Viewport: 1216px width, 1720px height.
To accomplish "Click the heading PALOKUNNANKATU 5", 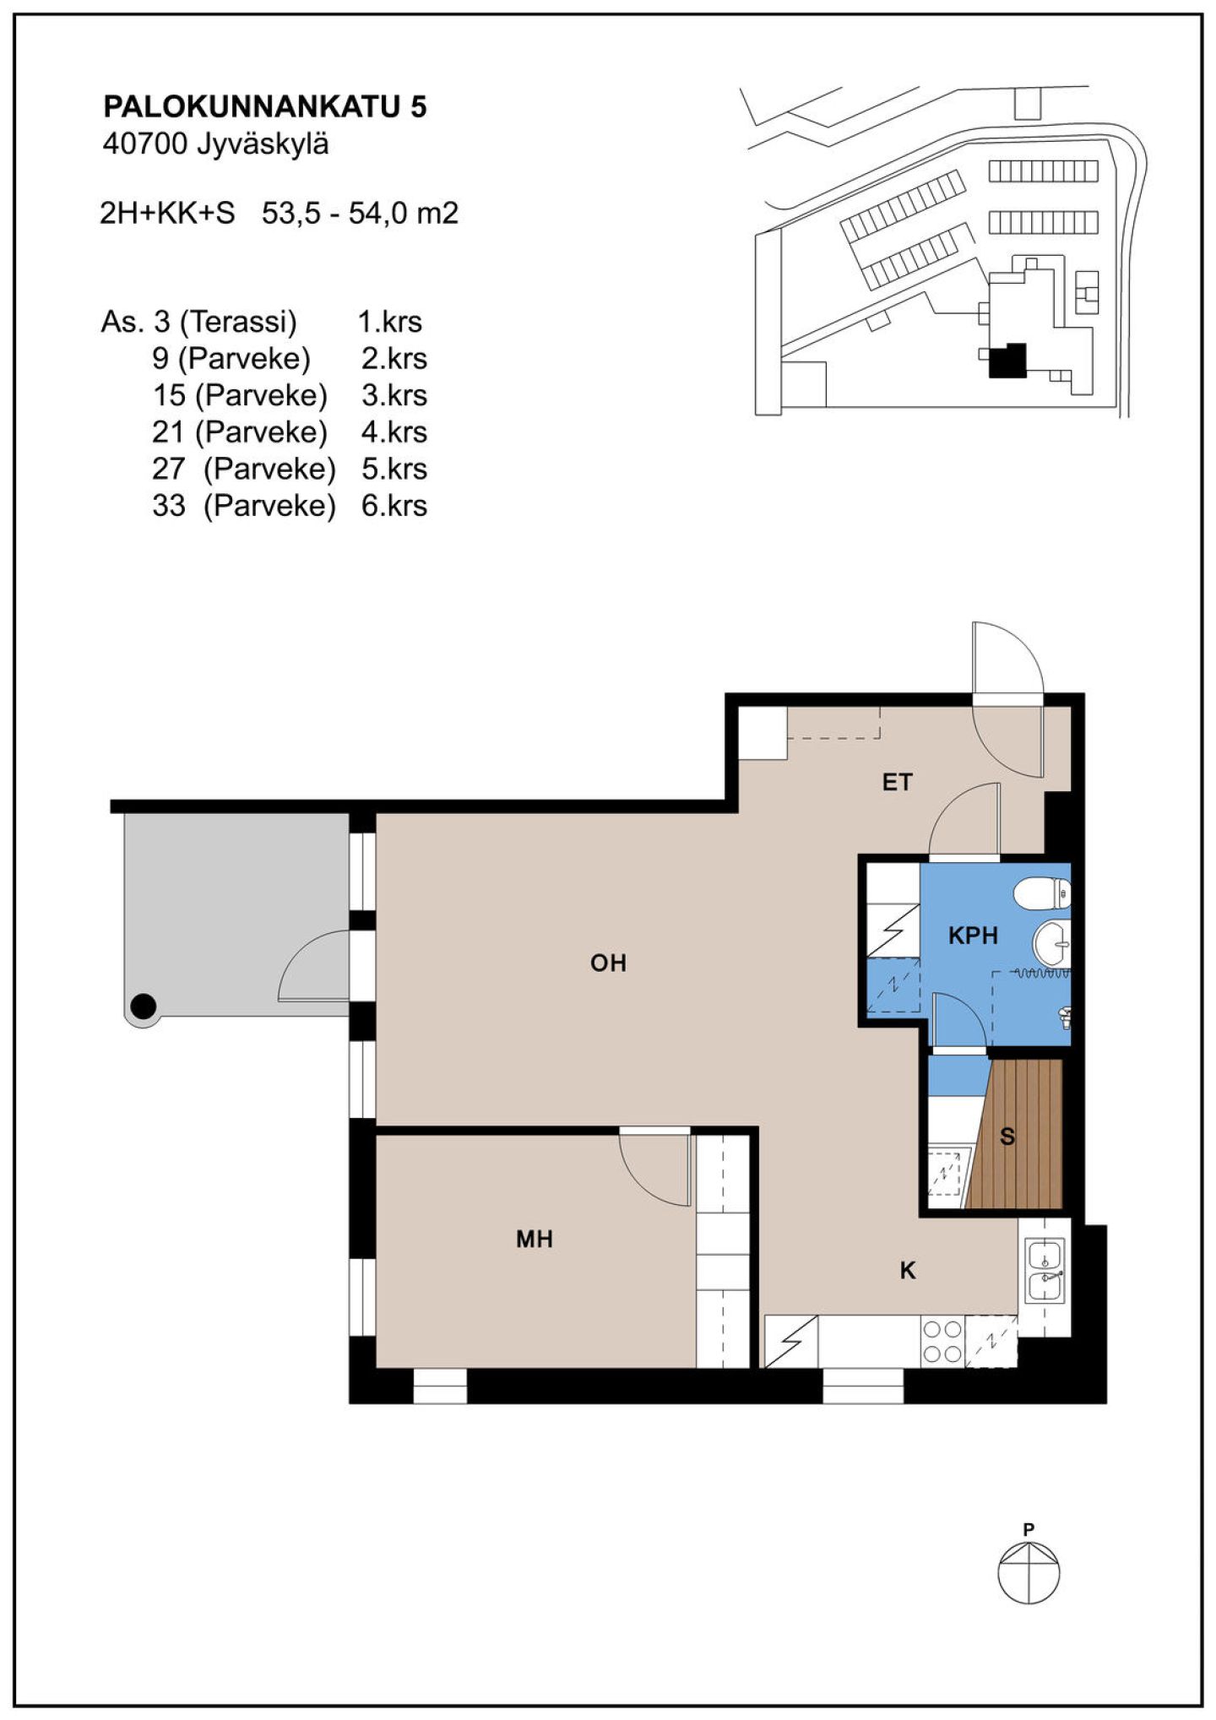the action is (265, 106).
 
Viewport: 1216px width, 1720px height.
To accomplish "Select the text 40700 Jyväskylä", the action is (215, 144).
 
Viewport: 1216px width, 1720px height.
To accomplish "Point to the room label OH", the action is (608, 963).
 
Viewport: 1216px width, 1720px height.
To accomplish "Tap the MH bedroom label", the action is (535, 1239).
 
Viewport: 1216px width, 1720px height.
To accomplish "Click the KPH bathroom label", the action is (973, 936).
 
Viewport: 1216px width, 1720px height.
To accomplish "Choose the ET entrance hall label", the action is (897, 782).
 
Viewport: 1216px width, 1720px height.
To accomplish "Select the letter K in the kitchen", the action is (908, 1270).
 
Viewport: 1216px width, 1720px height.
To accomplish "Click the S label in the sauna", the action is (1007, 1137).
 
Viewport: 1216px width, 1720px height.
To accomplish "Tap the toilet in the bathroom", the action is (1042, 893).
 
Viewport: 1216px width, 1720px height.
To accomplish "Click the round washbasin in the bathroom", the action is (1051, 943).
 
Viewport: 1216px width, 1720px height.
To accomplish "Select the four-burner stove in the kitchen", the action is (942, 1342).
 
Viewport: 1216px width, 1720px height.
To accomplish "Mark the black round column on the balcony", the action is (144, 1006).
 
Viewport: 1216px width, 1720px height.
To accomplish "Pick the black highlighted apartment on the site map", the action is (1007, 361).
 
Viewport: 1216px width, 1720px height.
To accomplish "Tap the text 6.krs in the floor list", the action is (394, 506).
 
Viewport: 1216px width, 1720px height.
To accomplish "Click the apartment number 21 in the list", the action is (168, 432).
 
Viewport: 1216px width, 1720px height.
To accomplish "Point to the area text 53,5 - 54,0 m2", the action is (361, 213).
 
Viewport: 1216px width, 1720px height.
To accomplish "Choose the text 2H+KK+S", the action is (167, 213).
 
